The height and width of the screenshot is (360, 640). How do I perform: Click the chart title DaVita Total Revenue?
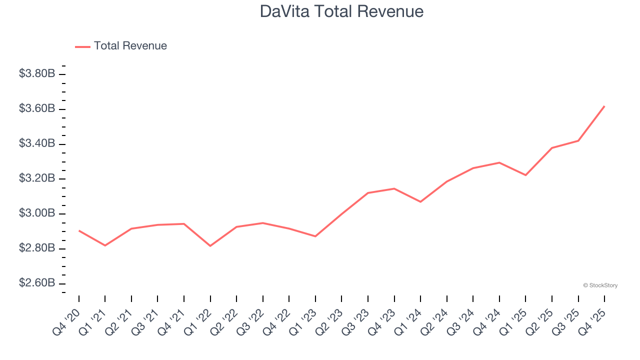[341, 11]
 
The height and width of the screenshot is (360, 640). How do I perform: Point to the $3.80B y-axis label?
[37, 74]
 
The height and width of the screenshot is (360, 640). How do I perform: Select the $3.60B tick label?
[37, 109]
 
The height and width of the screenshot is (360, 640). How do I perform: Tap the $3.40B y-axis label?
[37, 144]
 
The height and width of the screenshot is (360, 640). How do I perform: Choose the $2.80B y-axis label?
[37, 248]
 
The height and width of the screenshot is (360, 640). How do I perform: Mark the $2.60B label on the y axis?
[37, 283]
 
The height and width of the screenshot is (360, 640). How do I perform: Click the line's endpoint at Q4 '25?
[604, 106]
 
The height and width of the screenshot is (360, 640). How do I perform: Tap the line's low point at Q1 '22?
[210, 246]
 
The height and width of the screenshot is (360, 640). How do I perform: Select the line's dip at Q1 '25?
[525, 175]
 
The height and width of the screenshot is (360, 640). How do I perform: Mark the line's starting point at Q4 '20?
[79, 230]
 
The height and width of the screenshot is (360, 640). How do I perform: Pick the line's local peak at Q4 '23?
[394, 188]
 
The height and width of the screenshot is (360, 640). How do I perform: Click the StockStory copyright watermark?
[600, 285]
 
